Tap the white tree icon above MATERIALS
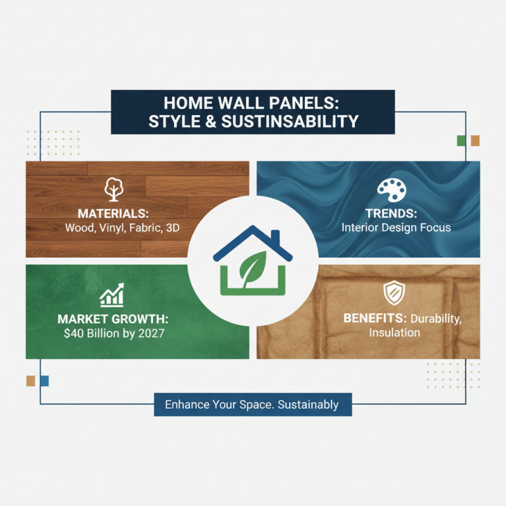pyautogui.click(x=114, y=188)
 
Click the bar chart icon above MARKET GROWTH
pyautogui.click(x=112, y=295)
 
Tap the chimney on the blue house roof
pyautogui.click(x=275, y=237)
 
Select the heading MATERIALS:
pyautogui.click(x=113, y=213)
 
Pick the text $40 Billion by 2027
pyautogui.click(x=113, y=333)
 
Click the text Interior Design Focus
pyautogui.click(x=396, y=227)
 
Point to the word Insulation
pyautogui.click(x=394, y=333)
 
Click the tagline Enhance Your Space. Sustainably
pyautogui.click(x=252, y=404)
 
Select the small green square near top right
pyautogui.click(x=462, y=140)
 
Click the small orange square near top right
pyautogui.click(x=474, y=140)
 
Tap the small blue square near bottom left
pyautogui.click(x=44, y=381)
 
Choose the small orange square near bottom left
pyautogui.click(x=30, y=381)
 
